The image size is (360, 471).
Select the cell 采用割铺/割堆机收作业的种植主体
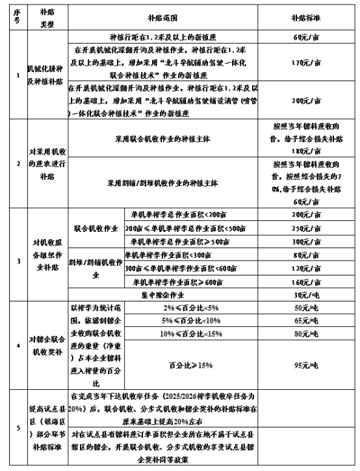pos(162,183)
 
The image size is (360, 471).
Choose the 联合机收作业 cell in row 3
pos(96,229)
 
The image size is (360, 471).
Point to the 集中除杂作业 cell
pos(162,294)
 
